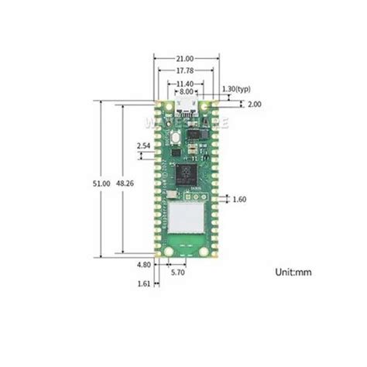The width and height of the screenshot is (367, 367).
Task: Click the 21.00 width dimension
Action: pos(184,58)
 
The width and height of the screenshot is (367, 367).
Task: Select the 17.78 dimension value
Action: pos(184,70)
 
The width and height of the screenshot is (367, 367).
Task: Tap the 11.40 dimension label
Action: pos(184,83)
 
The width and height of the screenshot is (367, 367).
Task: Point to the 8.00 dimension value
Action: pos(184,91)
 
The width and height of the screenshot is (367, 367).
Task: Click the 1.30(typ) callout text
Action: pos(236,90)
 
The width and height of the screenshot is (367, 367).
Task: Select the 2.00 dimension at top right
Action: pos(234,104)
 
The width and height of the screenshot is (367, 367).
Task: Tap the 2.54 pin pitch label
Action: pos(142,145)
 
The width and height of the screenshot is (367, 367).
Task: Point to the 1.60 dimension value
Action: pos(238,199)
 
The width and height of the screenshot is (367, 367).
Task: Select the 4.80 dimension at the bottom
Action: pos(142,265)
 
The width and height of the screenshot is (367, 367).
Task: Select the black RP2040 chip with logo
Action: pos(186,174)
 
